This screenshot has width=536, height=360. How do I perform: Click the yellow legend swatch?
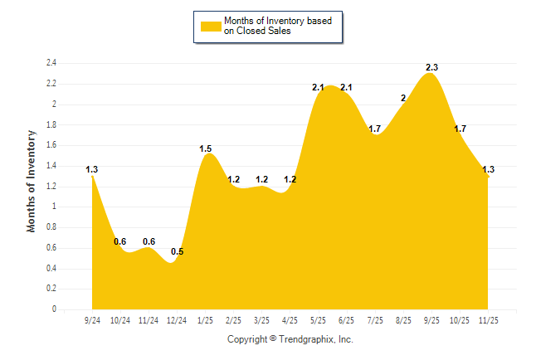[x=210, y=26]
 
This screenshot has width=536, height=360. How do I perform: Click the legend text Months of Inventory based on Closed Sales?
[x=278, y=26]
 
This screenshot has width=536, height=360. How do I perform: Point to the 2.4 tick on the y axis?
[x=51, y=63]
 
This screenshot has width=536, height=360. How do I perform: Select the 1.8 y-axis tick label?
[x=51, y=124]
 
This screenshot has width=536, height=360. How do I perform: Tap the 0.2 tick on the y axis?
[x=51, y=289]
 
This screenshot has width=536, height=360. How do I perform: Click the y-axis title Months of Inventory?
[x=32, y=181]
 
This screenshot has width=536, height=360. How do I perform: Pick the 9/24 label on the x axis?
[x=92, y=319]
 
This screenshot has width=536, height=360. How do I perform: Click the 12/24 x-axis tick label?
[x=177, y=319]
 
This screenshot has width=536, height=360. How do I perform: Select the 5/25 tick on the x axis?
[x=318, y=319]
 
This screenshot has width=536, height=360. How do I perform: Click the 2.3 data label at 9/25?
[x=431, y=67]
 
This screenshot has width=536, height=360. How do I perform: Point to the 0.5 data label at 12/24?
[x=177, y=251]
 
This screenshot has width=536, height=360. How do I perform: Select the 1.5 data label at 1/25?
[x=206, y=149]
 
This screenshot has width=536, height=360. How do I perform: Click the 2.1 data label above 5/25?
[x=318, y=88]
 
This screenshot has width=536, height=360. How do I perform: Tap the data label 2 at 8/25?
[x=403, y=98]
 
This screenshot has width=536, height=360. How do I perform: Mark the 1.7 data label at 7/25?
[x=375, y=129]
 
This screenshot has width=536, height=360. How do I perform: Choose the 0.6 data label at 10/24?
[x=120, y=241]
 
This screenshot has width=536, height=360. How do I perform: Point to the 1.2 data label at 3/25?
[x=261, y=179]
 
